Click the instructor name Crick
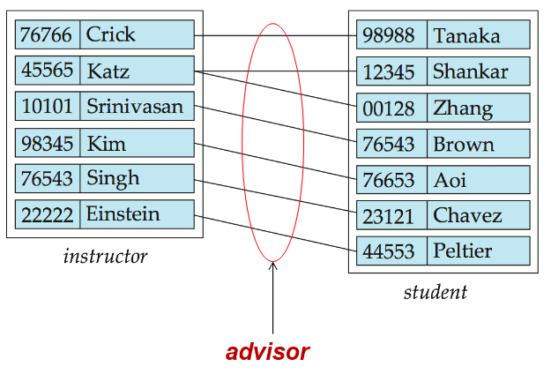click(111, 35)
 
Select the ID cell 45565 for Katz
click(48, 71)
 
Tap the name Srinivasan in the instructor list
click(135, 107)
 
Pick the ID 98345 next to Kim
click(48, 143)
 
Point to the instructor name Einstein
click(123, 214)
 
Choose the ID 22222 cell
click(48, 214)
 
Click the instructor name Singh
click(113, 178)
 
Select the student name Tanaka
click(466, 36)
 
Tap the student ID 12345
click(388, 72)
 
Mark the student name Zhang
click(463, 108)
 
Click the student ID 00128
click(388, 108)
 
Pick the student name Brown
click(464, 144)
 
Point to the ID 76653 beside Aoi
click(388, 180)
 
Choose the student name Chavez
click(467, 216)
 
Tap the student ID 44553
click(388, 252)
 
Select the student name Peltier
click(463, 252)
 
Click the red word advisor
click(267, 352)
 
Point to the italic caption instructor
click(105, 258)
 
